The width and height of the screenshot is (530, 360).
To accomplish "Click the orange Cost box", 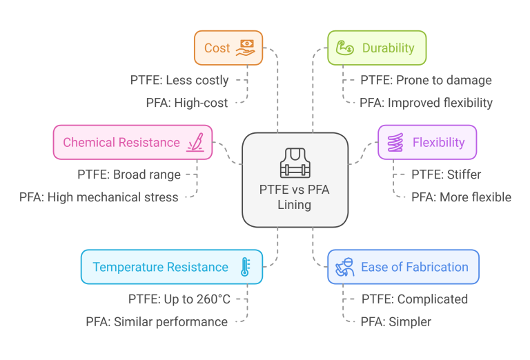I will [x=228, y=48].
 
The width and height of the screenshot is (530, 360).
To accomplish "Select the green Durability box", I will [x=377, y=48].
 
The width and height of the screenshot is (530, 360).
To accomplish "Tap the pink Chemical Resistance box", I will [x=132, y=143].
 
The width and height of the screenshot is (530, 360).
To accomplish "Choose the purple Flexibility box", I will [x=427, y=143].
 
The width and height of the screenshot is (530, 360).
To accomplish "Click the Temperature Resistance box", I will [x=171, y=267].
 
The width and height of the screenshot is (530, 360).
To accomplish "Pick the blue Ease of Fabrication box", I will [x=403, y=267].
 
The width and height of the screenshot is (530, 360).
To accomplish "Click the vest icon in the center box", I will [x=295, y=163].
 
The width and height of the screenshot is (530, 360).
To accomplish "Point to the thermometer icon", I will [x=244, y=267].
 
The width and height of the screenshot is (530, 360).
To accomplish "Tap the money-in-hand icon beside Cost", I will [x=246, y=48].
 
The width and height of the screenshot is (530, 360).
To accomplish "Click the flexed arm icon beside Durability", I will [x=344, y=48].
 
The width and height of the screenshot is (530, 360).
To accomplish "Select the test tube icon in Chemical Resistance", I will [x=195, y=143].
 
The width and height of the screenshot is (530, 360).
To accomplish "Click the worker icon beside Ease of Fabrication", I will [x=345, y=268].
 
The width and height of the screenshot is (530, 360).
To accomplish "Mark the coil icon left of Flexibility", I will [x=395, y=143].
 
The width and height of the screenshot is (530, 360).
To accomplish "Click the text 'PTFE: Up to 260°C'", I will [x=179, y=299].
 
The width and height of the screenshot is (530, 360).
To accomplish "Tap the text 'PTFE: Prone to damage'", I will [x=426, y=80].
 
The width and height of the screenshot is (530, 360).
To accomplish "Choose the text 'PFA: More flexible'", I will [x=461, y=197].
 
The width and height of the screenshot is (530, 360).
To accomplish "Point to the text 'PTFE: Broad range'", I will [x=128, y=174].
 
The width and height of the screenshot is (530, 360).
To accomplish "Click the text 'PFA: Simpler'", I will [x=395, y=321].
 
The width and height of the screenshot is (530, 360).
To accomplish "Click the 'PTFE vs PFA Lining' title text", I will [x=295, y=197].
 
